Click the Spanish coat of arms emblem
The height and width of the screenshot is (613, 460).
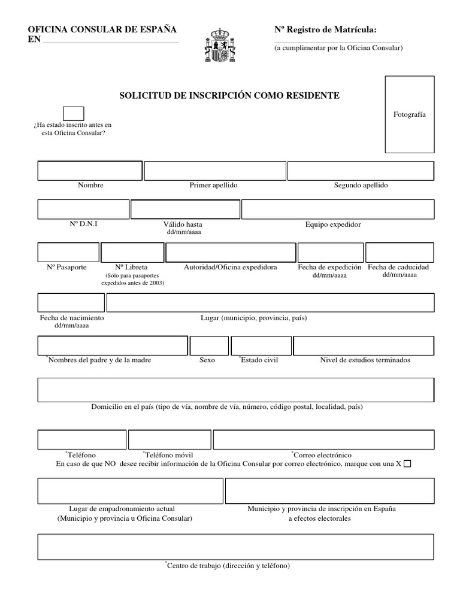tap(220, 45)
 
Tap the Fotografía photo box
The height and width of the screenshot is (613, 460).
tap(410, 114)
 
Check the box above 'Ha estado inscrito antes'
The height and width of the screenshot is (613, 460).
tap(73, 113)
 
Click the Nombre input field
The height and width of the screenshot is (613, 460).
tap(90, 171)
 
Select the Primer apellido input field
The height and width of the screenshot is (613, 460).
tap(214, 171)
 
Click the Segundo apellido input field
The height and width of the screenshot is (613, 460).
tap(361, 171)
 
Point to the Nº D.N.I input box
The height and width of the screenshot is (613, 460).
tap(83, 210)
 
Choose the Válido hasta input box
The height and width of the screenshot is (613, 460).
tap(185, 210)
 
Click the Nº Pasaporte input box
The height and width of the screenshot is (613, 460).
tap(68, 253)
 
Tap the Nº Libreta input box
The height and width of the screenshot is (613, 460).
tap(132, 253)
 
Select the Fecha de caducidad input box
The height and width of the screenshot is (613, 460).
tap(400, 253)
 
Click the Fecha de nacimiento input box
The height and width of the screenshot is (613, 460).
tap(71, 303)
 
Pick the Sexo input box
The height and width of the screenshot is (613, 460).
tap(209, 346)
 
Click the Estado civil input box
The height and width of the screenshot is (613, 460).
tap(261, 346)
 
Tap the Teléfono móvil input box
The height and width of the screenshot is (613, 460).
tap(169, 439)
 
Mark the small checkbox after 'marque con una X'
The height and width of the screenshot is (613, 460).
tap(408, 464)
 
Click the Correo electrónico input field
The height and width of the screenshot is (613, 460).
tap(323, 439)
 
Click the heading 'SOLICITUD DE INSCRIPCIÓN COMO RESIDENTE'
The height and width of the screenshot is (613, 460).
tap(230, 95)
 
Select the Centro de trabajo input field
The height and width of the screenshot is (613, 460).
tap(235, 547)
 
